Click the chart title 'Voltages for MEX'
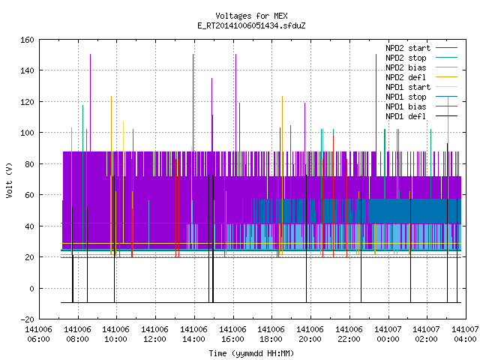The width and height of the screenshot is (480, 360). (251, 16)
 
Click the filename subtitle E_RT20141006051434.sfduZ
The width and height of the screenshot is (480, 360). (251, 25)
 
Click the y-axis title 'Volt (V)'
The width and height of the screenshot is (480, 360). (9, 180)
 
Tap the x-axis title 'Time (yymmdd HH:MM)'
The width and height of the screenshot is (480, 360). (251, 353)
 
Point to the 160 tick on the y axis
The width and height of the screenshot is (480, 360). (28, 40)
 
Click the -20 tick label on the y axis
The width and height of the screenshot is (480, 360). (28, 319)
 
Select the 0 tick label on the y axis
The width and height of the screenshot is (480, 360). (31, 289)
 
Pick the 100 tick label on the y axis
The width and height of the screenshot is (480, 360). (28, 133)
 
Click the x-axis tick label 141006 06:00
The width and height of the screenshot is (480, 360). (39, 334)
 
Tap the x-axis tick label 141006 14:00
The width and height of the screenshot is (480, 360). (193, 334)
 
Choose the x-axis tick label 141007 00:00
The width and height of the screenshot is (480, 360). (388, 334)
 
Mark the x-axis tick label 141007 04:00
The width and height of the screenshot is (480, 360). (465, 334)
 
